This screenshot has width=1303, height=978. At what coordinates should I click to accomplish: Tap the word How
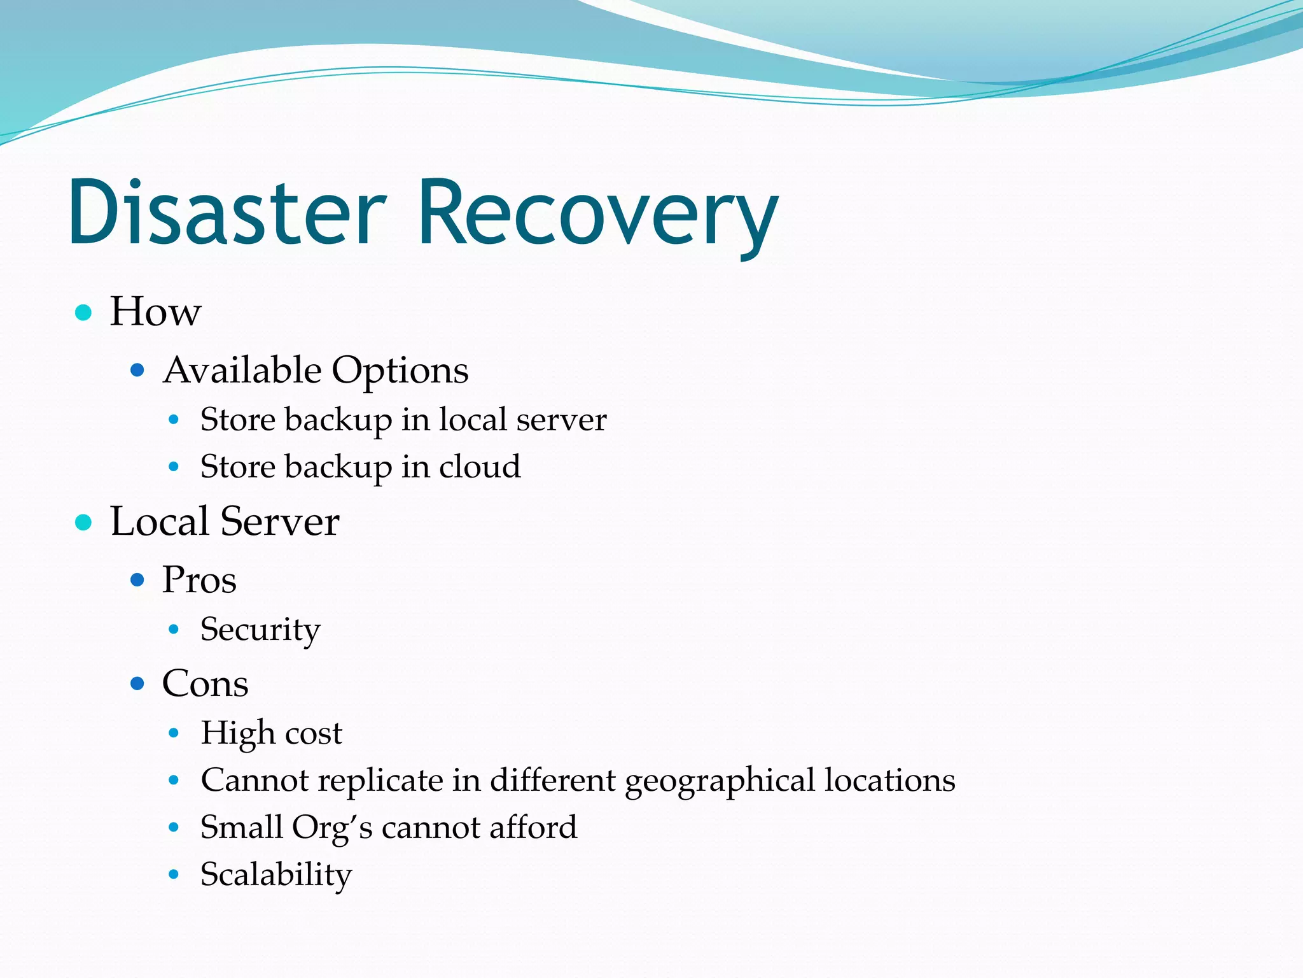coord(155,312)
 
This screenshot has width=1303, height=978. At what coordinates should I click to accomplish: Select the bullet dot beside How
coord(83,313)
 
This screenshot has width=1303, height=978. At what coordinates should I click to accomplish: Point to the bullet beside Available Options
coord(137,370)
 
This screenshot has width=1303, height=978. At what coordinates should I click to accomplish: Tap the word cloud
coord(480,467)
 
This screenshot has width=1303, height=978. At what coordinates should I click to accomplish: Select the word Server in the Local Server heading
coord(279,522)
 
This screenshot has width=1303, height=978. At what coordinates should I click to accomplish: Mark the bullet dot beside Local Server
coord(83,523)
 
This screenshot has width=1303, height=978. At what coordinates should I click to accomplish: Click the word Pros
coord(199,580)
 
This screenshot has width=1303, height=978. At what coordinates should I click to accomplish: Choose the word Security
coord(260,630)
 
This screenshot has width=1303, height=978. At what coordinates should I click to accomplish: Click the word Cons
coord(205,684)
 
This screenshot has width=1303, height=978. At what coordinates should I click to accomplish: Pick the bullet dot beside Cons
coord(137,684)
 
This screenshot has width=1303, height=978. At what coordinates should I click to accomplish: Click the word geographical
coord(720,781)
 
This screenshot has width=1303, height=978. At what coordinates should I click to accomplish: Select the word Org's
coord(332,828)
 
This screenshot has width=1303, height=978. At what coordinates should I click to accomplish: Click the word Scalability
coord(275,875)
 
